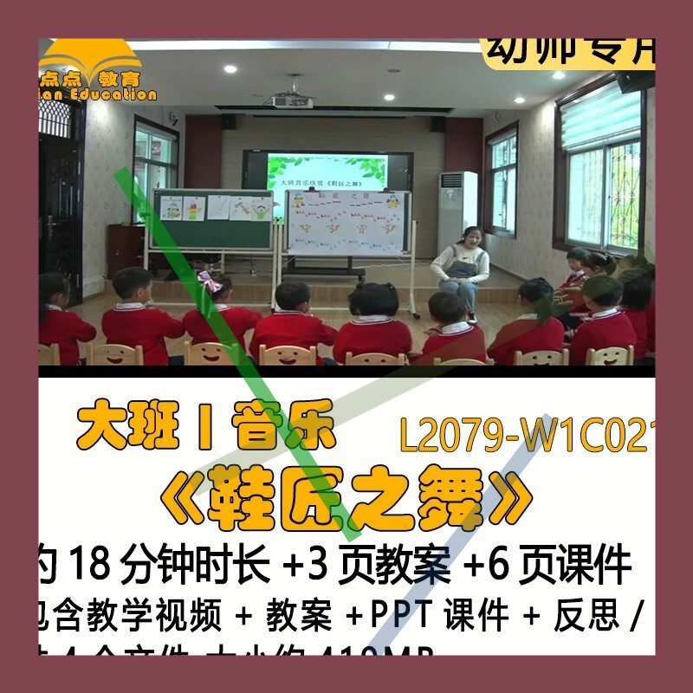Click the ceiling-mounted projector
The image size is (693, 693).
[x=292, y=100]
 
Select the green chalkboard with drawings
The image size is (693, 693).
[x=214, y=218]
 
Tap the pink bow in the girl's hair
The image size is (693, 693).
[x=210, y=282]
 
